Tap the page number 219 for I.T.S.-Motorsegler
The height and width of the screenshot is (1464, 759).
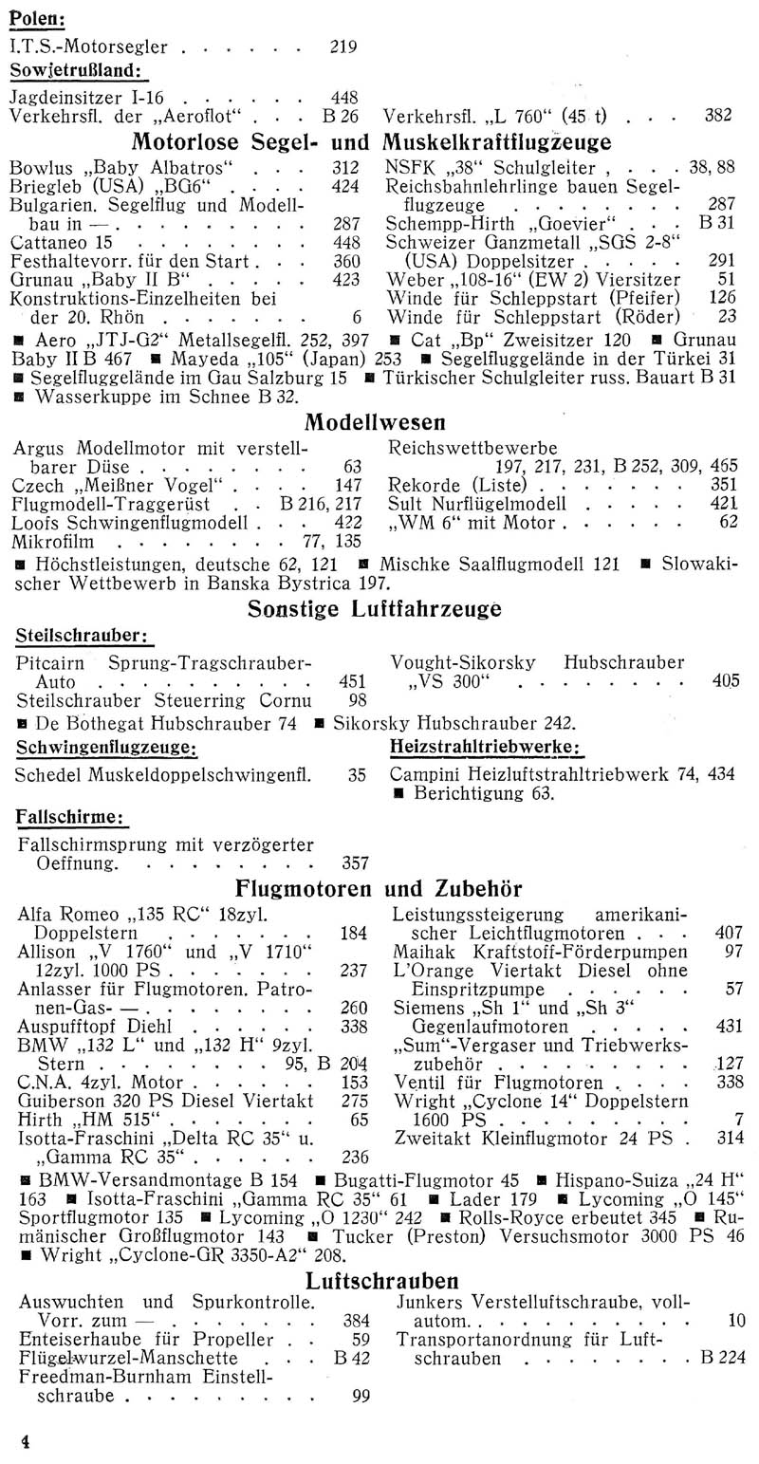click(344, 45)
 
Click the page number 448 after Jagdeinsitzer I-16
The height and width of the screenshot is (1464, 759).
click(343, 97)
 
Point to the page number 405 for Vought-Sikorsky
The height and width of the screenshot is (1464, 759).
click(724, 679)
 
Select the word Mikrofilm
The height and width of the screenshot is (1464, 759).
click(60, 542)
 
